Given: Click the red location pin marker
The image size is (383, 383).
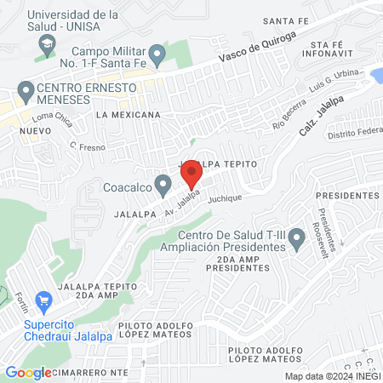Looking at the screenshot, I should click(x=191, y=174).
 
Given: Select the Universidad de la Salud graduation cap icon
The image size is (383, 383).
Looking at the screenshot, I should click(x=48, y=44).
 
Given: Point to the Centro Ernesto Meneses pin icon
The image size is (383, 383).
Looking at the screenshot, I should click(x=25, y=89).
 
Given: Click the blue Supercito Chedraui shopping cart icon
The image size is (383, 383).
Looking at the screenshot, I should click(x=44, y=300).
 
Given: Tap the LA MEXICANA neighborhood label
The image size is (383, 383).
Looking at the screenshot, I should click(x=129, y=114).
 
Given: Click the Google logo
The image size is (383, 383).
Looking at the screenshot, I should click(x=28, y=372).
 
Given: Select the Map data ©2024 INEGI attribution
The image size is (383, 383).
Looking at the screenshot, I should click(x=331, y=376).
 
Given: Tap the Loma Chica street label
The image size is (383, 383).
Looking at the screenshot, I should click(x=53, y=119).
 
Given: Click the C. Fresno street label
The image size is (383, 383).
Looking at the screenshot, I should click(x=86, y=146).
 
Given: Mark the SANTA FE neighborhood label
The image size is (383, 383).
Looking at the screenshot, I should click(x=285, y=20).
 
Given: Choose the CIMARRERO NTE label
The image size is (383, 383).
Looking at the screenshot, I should click(x=90, y=372).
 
